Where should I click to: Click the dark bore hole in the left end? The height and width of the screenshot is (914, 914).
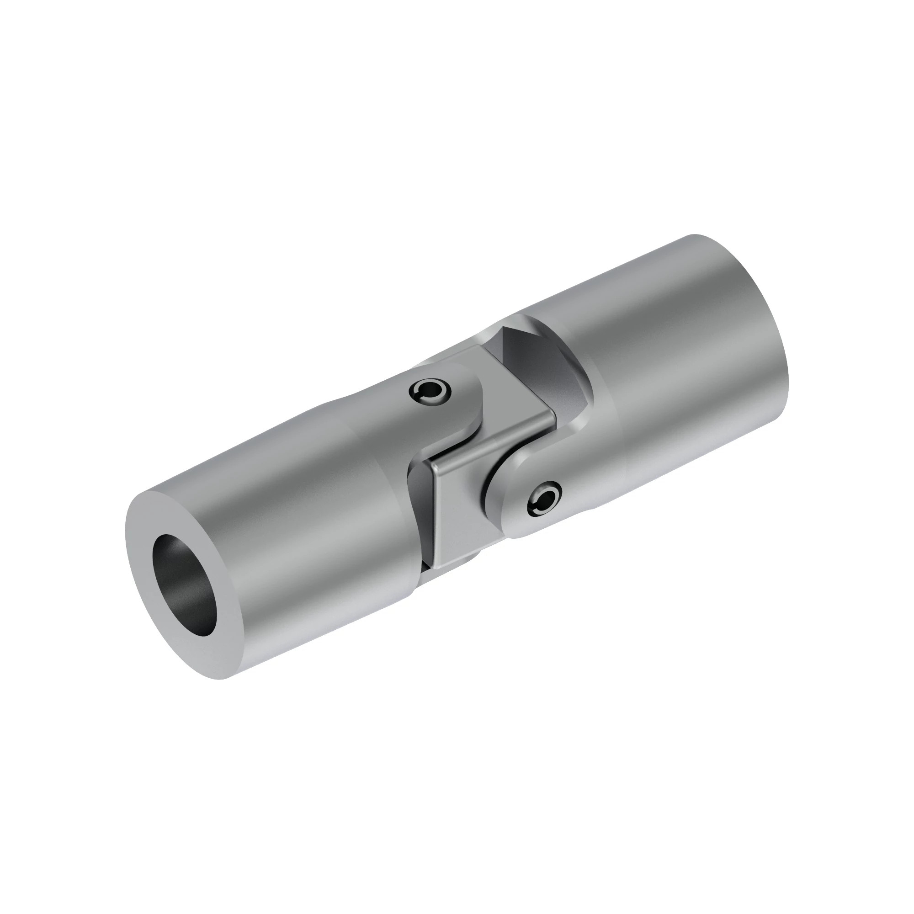pos(189,587)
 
